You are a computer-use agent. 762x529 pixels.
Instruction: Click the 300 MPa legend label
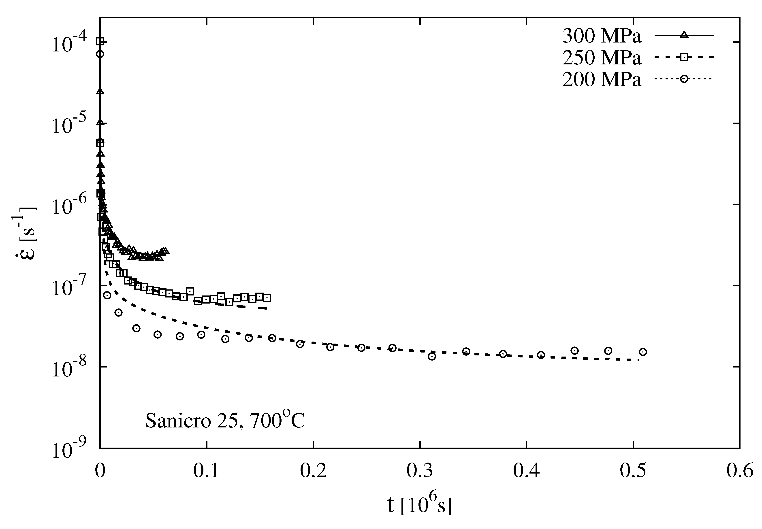pyautogui.click(x=602, y=36)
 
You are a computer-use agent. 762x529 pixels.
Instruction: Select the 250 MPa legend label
pyautogui.click(x=602, y=58)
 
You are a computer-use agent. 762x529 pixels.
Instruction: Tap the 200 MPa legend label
pyautogui.click(x=602, y=80)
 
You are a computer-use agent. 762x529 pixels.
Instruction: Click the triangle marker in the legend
pyautogui.click(x=683, y=35)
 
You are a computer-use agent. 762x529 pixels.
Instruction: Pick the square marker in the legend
pyautogui.click(x=683, y=57)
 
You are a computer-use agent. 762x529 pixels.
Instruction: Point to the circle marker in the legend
pyautogui.click(x=683, y=79)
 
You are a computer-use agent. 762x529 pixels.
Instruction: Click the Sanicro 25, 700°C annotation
pyautogui.click(x=225, y=421)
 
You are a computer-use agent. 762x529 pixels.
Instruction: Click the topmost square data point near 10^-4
pyautogui.click(x=100, y=41)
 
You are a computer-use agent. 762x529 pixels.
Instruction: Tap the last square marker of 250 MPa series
pyautogui.click(x=267, y=298)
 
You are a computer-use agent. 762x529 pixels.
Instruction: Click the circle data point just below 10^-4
pyautogui.click(x=100, y=54)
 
